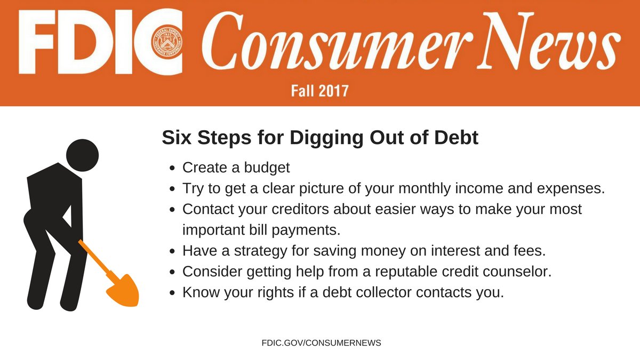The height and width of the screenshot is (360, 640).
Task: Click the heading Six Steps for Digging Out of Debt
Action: (320, 138)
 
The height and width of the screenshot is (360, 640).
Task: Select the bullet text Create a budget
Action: (236, 167)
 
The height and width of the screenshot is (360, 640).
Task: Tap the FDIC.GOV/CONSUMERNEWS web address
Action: (321, 343)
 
